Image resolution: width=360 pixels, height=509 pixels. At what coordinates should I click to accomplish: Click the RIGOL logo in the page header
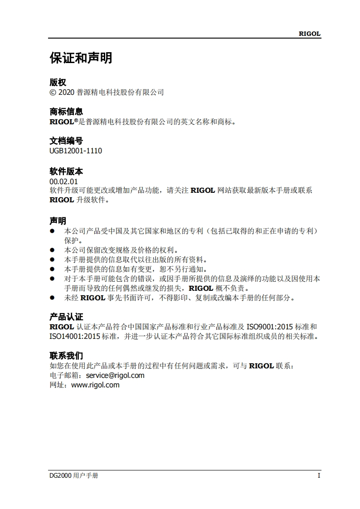(x=309, y=34)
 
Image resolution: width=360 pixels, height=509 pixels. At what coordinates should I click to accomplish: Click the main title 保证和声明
(x=81, y=58)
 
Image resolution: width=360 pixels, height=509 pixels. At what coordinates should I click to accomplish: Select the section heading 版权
(x=58, y=83)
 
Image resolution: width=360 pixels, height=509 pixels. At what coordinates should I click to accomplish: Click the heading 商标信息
(x=66, y=112)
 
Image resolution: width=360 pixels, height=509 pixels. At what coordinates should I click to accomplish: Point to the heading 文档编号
(x=66, y=141)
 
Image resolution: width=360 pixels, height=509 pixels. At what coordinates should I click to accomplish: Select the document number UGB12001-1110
(x=76, y=151)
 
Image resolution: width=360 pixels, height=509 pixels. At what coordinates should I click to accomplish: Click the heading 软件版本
(x=66, y=171)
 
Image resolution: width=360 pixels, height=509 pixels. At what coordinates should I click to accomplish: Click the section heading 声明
(x=58, y=221)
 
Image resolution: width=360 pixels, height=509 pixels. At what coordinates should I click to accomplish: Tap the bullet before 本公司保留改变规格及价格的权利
(x=52, y=250)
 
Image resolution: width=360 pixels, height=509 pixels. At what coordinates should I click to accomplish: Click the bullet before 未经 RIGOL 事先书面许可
(x=52, y=298)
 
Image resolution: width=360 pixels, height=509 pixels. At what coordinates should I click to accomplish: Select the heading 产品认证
(x=66, y=317)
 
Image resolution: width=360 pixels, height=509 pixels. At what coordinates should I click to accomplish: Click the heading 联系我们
(x=66, y=356)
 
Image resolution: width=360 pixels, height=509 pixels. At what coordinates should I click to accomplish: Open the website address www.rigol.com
(x=96, y=385)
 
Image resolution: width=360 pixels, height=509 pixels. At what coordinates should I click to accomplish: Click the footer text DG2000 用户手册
(x=74, y=475)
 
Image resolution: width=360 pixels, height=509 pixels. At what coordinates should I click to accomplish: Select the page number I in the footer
(x=319, y=475)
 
